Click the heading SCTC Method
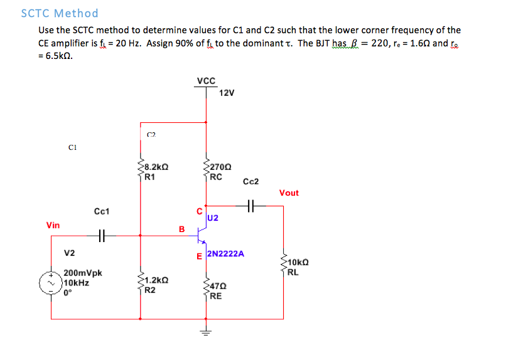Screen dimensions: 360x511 pyautogui.click(x=60, y=13)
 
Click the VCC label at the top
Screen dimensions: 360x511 pyautogui.click(x=205, y=81)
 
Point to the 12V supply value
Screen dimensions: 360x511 pyautogui.click(x=227, y=93)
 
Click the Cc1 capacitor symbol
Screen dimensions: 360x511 pyautogui.click(x=103, y=236)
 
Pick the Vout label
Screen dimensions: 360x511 pyautogui.click(x=289, y=193)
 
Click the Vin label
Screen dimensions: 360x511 pyautogui.click(x=53, y=225)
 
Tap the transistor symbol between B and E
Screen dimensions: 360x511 pyautogui.click(x=201, y=236)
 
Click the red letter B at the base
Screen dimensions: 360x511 pyautogui.click(x=182, y=230)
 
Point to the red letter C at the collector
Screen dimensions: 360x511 pyautogui.click(x=200, y=211)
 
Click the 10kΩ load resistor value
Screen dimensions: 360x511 pyautogui.click(x=299, y=263)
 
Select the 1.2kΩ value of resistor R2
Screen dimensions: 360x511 pyautogui.click(x=156, y=280)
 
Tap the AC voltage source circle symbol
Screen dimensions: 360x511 pyautogui.click(x=51, y=283)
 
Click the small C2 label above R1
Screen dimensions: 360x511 pyautogui.click(x=151, y=134)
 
